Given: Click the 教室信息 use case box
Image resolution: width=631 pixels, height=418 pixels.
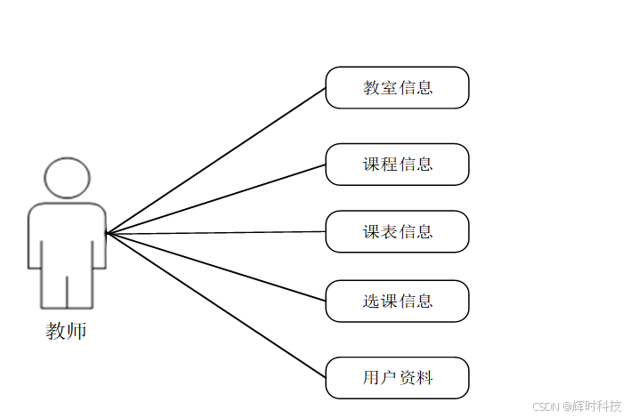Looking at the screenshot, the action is (397, 87).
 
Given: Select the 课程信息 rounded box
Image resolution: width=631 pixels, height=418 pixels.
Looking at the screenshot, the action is (397, 164).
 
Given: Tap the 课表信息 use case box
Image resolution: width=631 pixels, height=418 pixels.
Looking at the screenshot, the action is (397, 231).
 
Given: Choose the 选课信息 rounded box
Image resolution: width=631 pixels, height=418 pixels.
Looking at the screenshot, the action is (397, 301).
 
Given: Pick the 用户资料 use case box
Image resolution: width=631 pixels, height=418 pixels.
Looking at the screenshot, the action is (397, 377).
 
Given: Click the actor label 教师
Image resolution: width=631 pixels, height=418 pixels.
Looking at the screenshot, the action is (66, 332).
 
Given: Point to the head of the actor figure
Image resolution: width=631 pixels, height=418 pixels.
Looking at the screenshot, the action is (67, 178).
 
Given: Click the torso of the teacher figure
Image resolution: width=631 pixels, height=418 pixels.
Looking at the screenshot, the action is (67, 235).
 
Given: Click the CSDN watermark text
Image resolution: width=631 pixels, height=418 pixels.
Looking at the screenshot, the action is (545, 406).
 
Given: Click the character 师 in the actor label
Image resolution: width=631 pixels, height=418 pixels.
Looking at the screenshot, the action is (77, 332).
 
